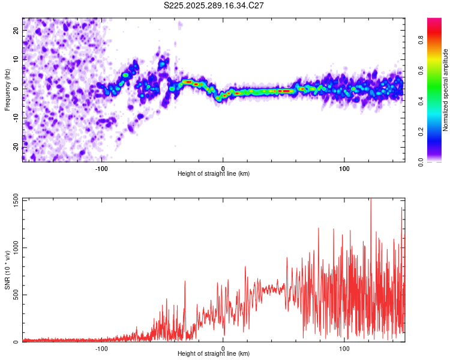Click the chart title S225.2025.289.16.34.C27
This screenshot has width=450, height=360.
(214, 5)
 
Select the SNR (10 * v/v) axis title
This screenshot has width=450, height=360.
(8, 270)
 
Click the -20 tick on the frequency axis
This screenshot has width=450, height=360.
(15, 146)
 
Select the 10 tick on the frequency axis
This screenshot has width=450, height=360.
(16, 59)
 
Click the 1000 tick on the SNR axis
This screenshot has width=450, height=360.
(12, 247)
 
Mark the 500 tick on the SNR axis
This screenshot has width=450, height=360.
(14, 295)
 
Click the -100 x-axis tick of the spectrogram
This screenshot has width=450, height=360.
(101, 168)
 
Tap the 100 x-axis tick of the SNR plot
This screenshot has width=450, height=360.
(344, 348)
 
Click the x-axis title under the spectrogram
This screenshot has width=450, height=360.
(214, 174)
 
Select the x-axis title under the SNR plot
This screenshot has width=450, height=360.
(214, 354)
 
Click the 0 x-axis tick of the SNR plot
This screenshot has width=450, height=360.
(223, 348)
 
